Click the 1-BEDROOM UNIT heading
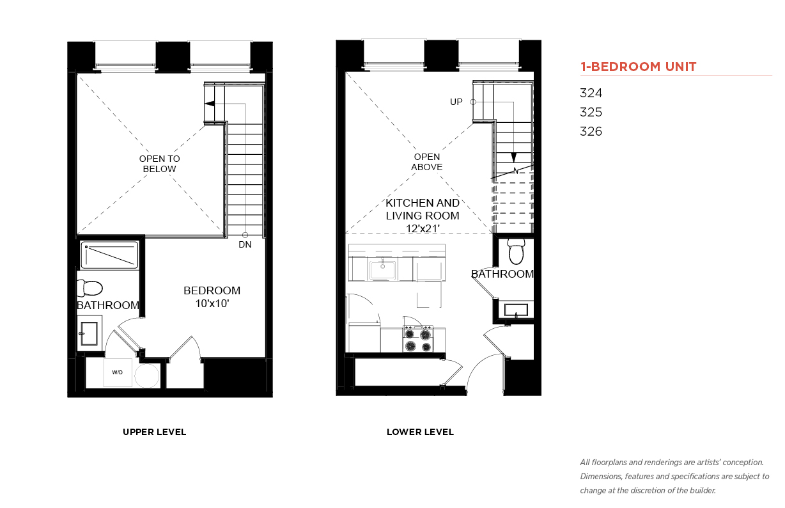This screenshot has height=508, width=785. click(x=638, y=67)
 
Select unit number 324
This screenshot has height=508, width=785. click(x=591, y=93)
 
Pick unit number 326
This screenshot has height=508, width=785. click(x=591, y=131)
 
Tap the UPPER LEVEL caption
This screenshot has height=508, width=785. click(x=154, y=432)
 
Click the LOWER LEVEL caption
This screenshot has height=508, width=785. click(x=420, y=432)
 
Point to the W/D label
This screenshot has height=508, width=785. click(x=118, y=372)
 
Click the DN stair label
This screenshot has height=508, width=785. click(x=245, y=244)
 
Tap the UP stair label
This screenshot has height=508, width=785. click(x=456, y=102)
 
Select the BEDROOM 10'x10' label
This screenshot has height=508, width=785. click(x=212, y=297)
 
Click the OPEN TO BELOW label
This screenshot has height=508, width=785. click(x=159, y=164)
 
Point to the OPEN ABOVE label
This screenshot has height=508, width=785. click(x=426, y=162)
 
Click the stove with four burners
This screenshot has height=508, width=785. click(x=417, y=339)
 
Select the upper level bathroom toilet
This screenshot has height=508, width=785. click(x=89, y=288)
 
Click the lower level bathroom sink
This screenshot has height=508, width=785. click(x=516, y=310)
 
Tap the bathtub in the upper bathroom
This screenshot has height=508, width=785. click(x=109, y=255)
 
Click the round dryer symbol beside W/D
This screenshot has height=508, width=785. click(x=147, y=376)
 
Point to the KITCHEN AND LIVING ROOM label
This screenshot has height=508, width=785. click(x=423, y=216)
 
